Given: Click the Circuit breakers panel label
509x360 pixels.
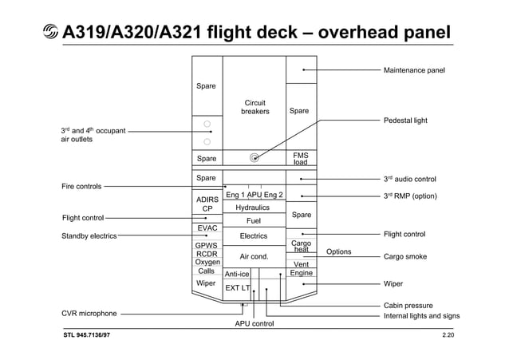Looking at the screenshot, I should pyautogui.click(x=254, y=107).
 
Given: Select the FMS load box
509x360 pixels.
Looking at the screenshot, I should pyautogui.click(x=301, y=158).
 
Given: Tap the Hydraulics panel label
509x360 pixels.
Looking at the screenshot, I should pyautogui.click(x=253, y=208).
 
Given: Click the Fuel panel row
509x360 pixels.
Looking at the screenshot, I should pyautogui.click(x=253, y=220).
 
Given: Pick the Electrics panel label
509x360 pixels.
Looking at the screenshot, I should pyautogui.click(x=253, y=236).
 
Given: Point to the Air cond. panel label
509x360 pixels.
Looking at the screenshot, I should pyautogui.click(x=253, y=257).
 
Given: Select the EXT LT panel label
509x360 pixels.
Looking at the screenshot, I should pyautogui.click(x=237, y=287).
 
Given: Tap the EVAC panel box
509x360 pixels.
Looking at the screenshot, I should pyautogui.click(x=207, y=228).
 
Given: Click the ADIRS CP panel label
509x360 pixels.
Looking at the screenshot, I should pyautogui.click(x=207, y=204).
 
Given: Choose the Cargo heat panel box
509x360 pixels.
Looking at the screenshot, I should pyautogui.click(x=301, y=247).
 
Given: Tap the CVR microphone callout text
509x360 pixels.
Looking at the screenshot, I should pyautogui.click(x=89, y=314).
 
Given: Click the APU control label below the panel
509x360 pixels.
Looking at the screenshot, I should pyautogui.click(x=254, y=324).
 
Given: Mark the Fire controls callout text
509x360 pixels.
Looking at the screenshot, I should pyautogui.click(x=81, y=187).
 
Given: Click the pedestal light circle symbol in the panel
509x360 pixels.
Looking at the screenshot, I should pyautogui.click(x=254, y=157).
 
